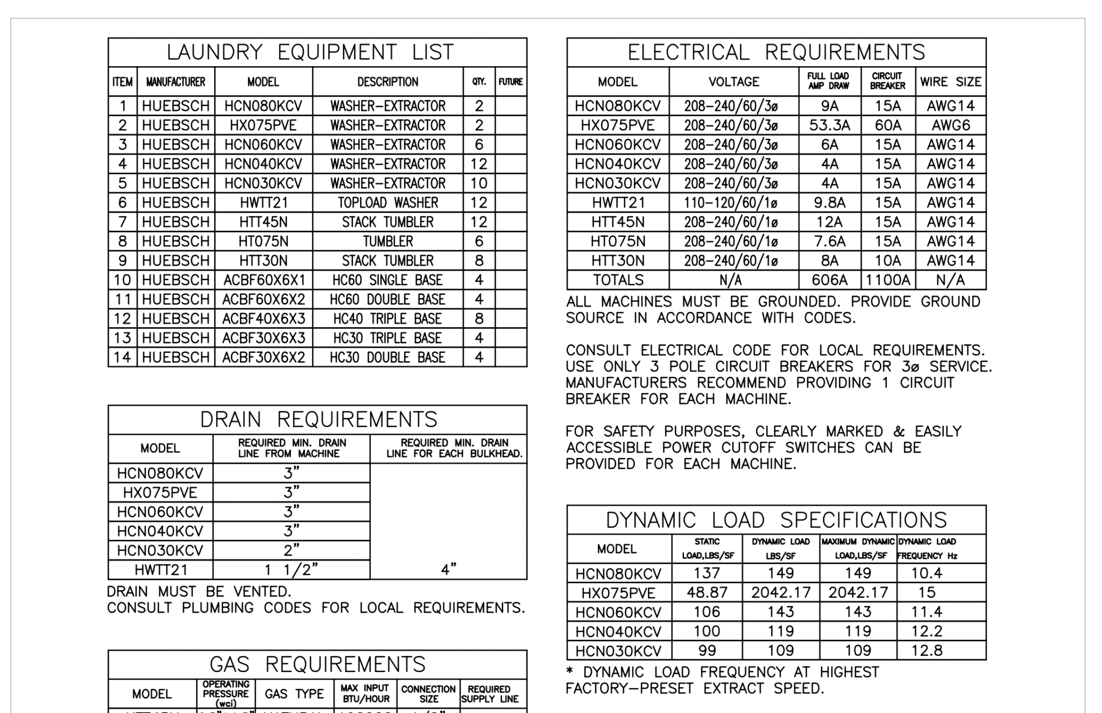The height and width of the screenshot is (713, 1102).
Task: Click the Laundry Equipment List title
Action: (x=310, y=52)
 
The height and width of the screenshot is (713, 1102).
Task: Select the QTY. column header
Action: (x=479, y=82)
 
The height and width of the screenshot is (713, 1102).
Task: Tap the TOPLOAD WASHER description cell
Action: (x=387, y=203)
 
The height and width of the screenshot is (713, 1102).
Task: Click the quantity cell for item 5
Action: (x=479, y=183)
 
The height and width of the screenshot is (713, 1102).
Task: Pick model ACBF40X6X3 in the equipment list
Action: (x=263, y=319)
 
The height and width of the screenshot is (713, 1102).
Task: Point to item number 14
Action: (x=122, y=357)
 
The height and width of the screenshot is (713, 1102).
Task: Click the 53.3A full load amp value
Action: (x=829, y=125)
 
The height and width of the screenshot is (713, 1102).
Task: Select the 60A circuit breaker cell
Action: (x=887, y=125)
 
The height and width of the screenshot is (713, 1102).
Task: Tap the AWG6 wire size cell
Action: (x=950, y=125)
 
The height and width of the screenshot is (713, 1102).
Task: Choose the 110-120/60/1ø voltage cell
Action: (x=733, y=203)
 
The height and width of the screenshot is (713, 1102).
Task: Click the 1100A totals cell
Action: (x=887, y=280)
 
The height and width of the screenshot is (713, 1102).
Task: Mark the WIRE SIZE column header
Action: (x=950, y=82)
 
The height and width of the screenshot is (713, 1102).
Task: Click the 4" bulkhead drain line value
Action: (x=448, y=569)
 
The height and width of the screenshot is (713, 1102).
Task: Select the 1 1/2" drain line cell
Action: (x=291, y=570)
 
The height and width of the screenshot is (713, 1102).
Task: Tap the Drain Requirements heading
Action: (x=319, y=420)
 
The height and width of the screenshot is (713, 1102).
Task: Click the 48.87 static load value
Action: (x=707, y=592)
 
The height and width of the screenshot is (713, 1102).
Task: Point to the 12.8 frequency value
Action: (x=927, y=651)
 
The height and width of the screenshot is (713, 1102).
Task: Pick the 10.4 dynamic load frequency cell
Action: (x=927, y=573)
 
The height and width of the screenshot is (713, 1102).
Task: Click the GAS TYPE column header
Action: (x=294, y=694)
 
